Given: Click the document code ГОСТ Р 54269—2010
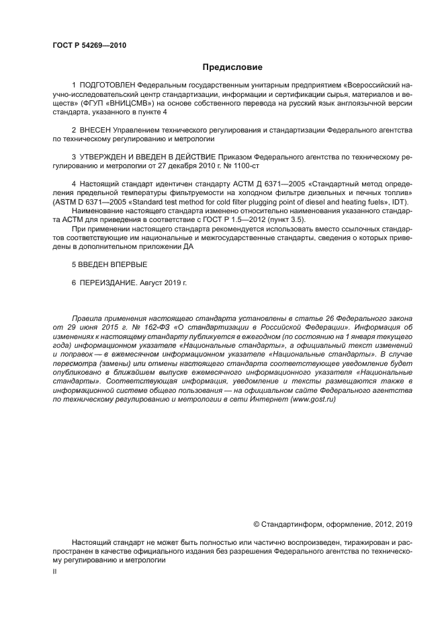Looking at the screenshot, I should tap(89, 45).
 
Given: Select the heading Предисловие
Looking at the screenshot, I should tap(232, 67).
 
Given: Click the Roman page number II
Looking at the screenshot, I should tap(55, 570).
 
